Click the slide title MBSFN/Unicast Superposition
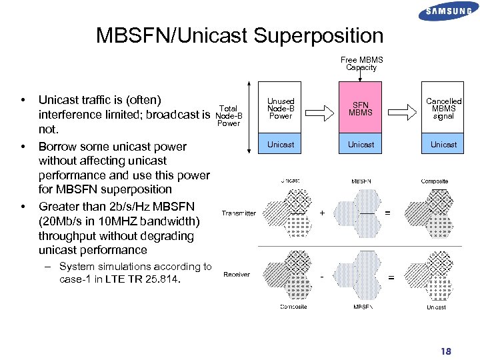239,35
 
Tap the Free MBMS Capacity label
361,63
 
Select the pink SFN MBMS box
361,109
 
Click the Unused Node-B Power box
281,109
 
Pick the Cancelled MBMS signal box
443,109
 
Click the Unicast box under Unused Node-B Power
281,145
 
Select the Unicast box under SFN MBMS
361,145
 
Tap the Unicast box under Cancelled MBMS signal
443,145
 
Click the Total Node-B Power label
228,115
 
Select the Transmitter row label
239,213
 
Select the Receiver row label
237,275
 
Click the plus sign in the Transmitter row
322,213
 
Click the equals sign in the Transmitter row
388,213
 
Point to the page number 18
445,351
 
